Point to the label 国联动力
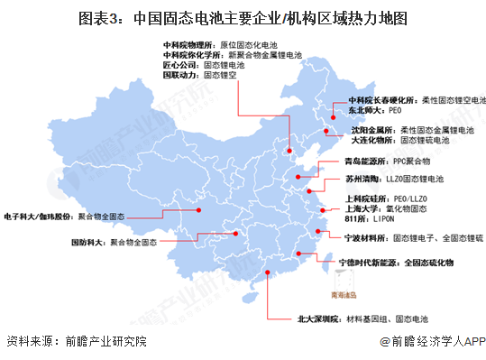pyautogui.click(x=179, y=76)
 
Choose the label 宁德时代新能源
pyautogui.click(x=365, y=263)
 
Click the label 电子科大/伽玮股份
pyautogui.click(x=38, y=217)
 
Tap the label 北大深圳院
pyautogui.click(x=317, y=319)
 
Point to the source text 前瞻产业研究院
pyautogui.click(x=100, y=341)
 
